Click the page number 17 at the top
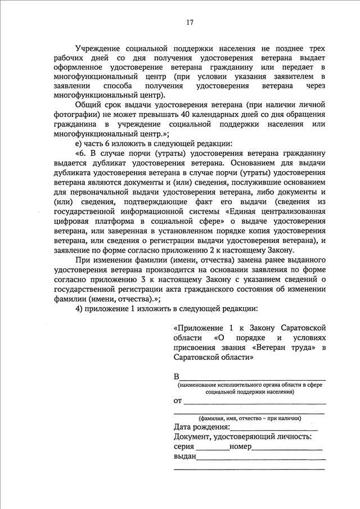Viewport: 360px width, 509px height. click(x=190, y=22)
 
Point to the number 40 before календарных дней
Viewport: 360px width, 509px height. click(x=188, y=115)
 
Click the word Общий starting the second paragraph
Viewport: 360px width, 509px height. click(x=86, y=105)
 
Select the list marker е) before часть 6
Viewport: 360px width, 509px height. click(x=78, y=143)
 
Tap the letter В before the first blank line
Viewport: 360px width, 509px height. click(x=177, y=376)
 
